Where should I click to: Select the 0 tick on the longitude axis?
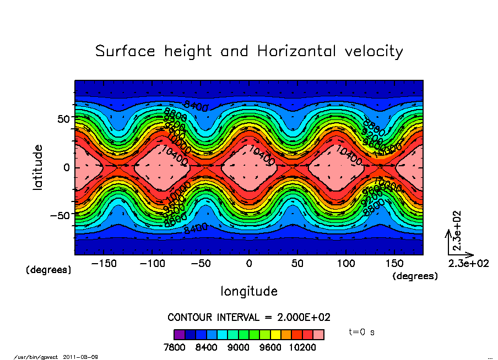pyautogui.click(x=249, y=264)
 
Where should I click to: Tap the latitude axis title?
pyautogui.click(x=38, y=167)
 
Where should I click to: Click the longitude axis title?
pyautogui.click(x=249, y=291)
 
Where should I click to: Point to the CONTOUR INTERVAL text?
pyautogui.click(x=249, y=318)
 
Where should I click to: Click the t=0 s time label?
pyautogui.click(x=362, y=332)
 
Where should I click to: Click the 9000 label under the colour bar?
pyautogui.click(x=238, y=348)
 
